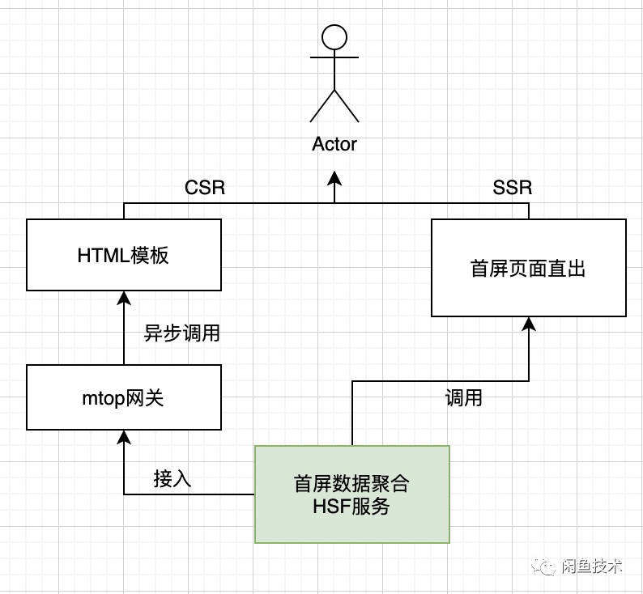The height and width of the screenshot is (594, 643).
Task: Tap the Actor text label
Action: click(334, 144)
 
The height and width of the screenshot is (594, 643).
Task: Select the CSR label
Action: click(205, 188)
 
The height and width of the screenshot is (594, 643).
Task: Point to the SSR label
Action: click(512, 188)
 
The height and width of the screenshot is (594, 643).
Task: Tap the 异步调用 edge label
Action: click(182, 333)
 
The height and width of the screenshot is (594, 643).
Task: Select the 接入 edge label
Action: click(172, 478)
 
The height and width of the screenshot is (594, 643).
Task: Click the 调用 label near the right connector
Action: click(464, 398)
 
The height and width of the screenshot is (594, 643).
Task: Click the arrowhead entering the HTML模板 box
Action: click(124, 299)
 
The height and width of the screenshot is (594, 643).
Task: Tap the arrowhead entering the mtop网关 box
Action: click(124, 438)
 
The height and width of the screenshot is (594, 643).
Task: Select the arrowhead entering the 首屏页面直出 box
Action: click(529, 324)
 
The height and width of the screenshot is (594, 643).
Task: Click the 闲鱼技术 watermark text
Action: click(592, 566)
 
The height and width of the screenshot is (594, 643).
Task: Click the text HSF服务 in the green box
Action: click(351, 507)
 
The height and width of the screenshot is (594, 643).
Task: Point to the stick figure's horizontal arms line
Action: click(334, 57)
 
